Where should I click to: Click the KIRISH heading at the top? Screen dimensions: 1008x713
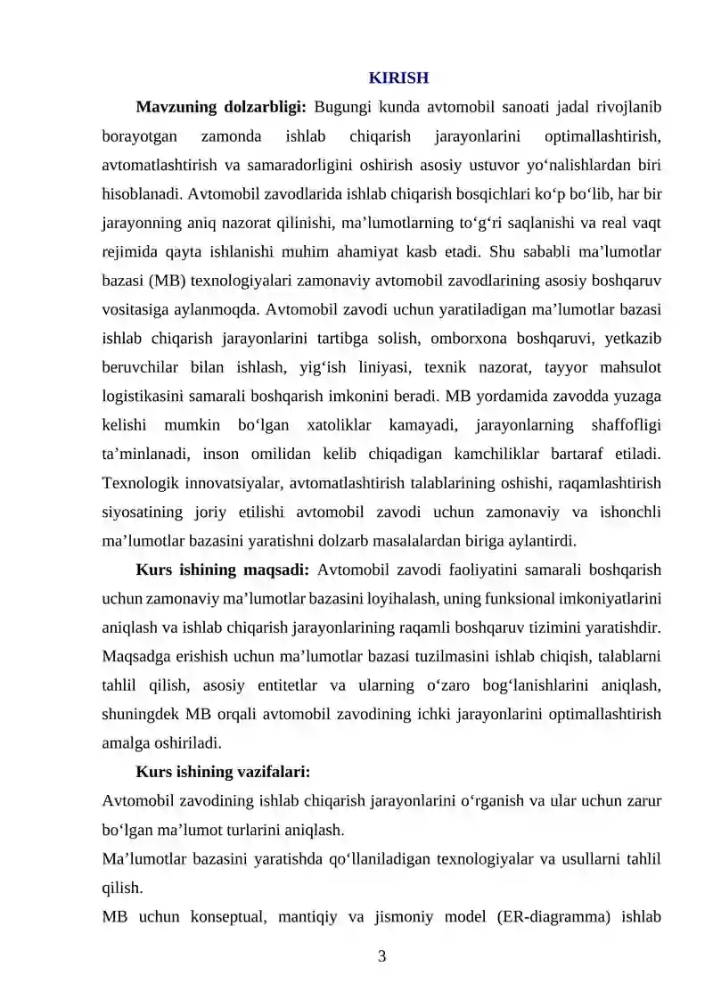(398, 78)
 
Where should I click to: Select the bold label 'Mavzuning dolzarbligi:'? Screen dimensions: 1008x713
(221, 107)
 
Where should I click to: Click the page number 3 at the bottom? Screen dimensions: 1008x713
(382, 957)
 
